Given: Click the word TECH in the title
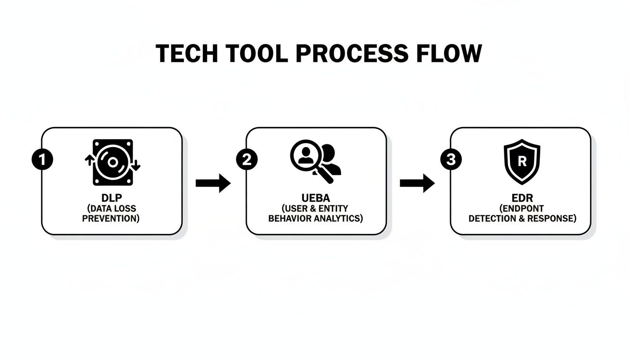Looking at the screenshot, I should click(x=186, y=53).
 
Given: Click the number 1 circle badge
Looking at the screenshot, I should click(x=42, y=160).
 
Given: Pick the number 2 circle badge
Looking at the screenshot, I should click(x=247, y=160).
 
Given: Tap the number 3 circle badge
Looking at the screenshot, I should click(x=451, y=160).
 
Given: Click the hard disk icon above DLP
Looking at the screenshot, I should click(x=112, y=162).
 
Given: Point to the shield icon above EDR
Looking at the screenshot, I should click(x=522, y=161).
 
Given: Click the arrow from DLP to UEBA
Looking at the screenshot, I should click(x=213, y=183).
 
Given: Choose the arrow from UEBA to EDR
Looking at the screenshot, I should click(x=417, y=183).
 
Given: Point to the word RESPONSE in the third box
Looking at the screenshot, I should click(x=553, y=218).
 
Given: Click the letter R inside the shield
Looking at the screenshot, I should click(x=522, y=161).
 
